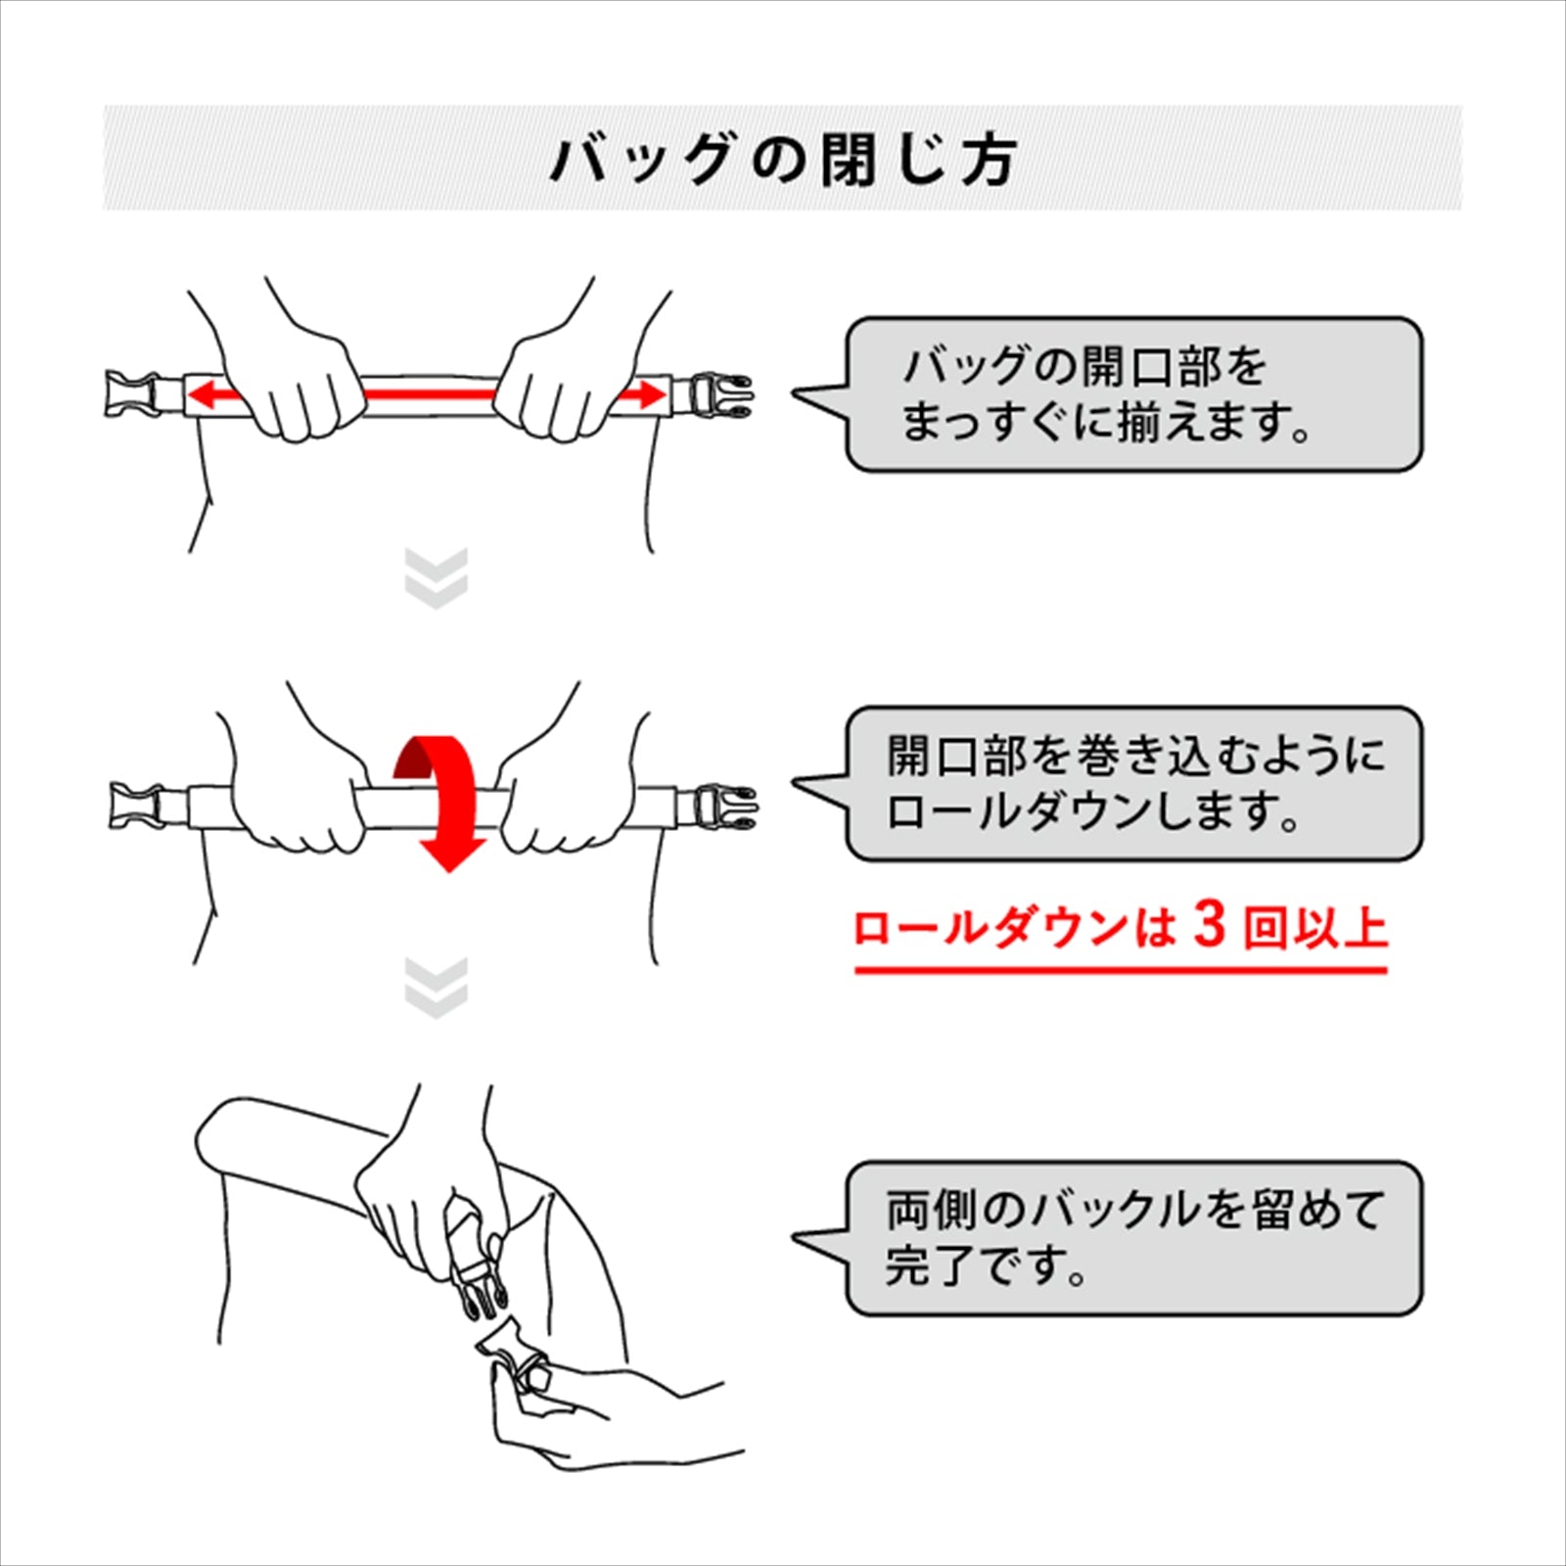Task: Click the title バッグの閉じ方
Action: (x=783, y=160)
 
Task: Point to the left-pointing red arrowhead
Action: (x=204, y=395)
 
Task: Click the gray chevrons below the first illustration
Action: (x=437, y=578)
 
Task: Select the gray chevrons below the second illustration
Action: (x=437, y=988)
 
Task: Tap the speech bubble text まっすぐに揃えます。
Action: (x=1106, y=423)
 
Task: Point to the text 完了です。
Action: (x=987, y=1266)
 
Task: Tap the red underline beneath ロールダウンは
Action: (x=1122, y=970)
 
